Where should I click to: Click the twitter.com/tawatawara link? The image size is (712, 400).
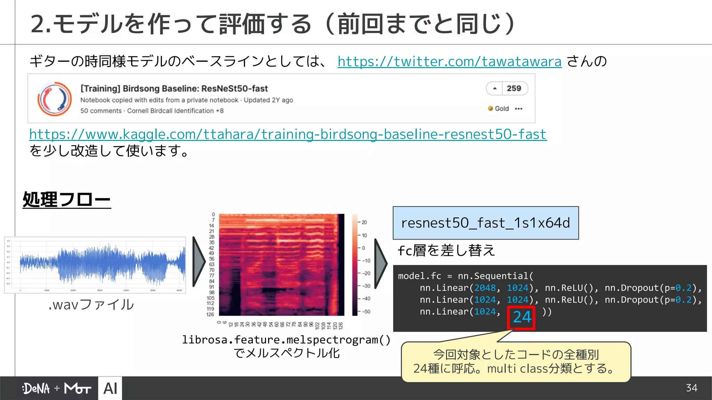[x=449, y=62]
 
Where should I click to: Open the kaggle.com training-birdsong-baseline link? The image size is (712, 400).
[x=288, y=134]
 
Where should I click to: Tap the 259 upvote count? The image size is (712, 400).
[x=513, y=89]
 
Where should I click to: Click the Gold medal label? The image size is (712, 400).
[x=501, y=109]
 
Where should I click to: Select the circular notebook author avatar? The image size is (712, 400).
[x=55, y=99]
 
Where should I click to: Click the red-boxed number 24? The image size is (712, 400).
[x=521, y=317]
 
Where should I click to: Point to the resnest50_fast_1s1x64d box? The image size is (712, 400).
[x=486, y=223]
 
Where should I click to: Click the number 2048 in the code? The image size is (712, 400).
[x=485, y=288]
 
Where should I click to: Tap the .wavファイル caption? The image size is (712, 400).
[x=91, y=305]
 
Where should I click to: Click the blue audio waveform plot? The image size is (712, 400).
[x=103, y=265]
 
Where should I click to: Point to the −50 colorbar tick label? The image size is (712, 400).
[x=366, y=311]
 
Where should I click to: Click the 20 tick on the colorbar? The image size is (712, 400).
[x=364, y=222]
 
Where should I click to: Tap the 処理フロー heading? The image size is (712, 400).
[x=66, y=200]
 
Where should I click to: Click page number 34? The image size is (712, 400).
[x=691, y=388]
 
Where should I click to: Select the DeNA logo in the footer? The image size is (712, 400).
[x=36, y=389]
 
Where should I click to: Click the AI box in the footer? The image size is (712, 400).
[x=110, y=389]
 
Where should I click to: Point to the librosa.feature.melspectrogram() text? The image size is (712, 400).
[x=286, y=340]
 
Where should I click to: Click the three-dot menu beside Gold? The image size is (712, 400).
[x=519, y=109]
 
